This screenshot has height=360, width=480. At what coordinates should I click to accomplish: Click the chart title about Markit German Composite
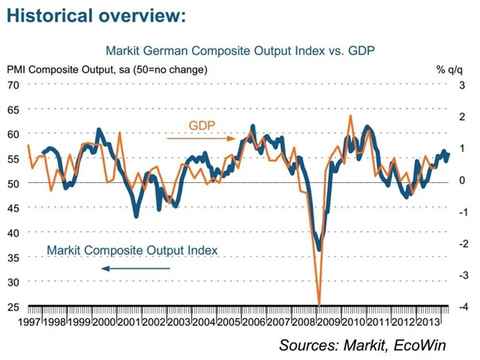click(240, 51)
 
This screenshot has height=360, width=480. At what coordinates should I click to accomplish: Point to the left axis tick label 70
click(13, 84)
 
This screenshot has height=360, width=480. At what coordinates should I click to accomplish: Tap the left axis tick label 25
click(13, 306)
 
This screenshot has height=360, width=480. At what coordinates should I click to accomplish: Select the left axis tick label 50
click(13, 182)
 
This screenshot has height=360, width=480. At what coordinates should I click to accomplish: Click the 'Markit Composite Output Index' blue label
click(132, 250)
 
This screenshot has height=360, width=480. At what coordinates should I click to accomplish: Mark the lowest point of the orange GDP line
click(319, 304)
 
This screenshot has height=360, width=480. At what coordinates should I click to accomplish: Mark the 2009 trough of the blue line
click(319, 250)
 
